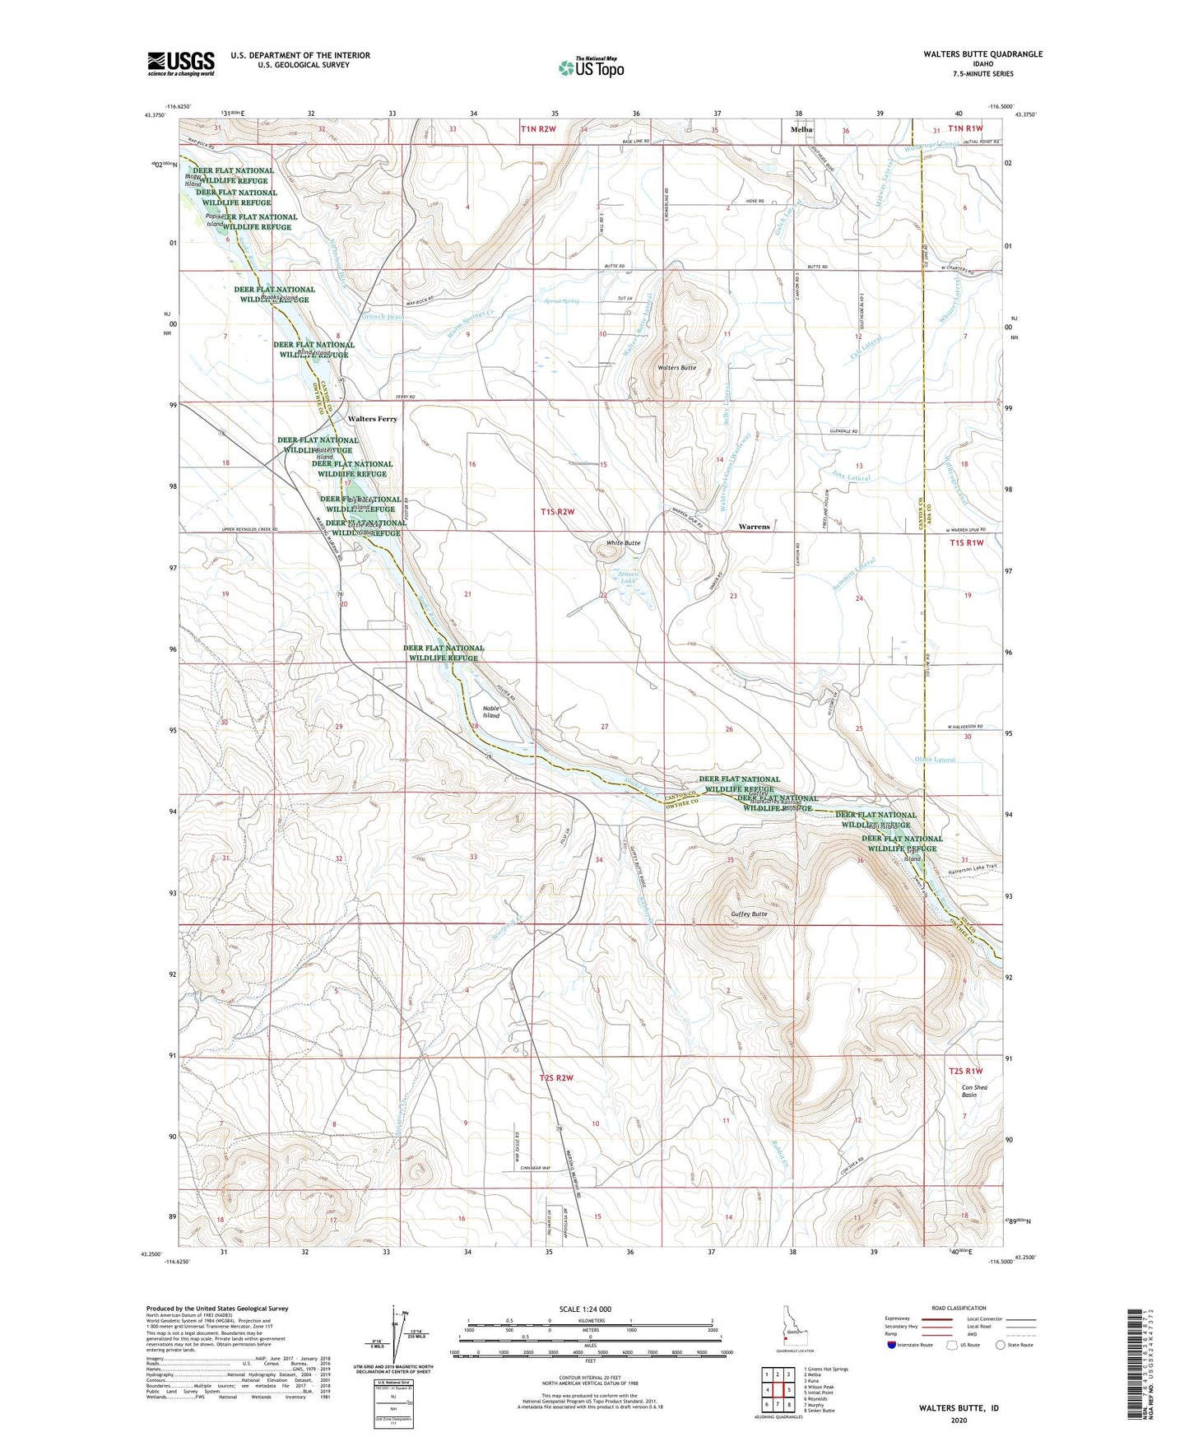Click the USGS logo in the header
click(x=181, y=63)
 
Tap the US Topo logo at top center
click(x=590, y=67)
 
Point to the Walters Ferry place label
click(x=372, y=419)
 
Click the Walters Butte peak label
click(x=677, y=368)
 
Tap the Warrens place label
click(x=754, y=527)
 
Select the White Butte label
click(x=623, y=543)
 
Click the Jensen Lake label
click(x=628, y=577)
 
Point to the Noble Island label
click(x=490, y=712)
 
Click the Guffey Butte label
click(x=748, y=914)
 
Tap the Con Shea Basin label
click(x=974, y=1091)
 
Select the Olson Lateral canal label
click(x=935, y=760)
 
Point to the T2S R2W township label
click(x=555, y=1077)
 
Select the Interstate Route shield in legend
click(x=892, y=1345)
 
